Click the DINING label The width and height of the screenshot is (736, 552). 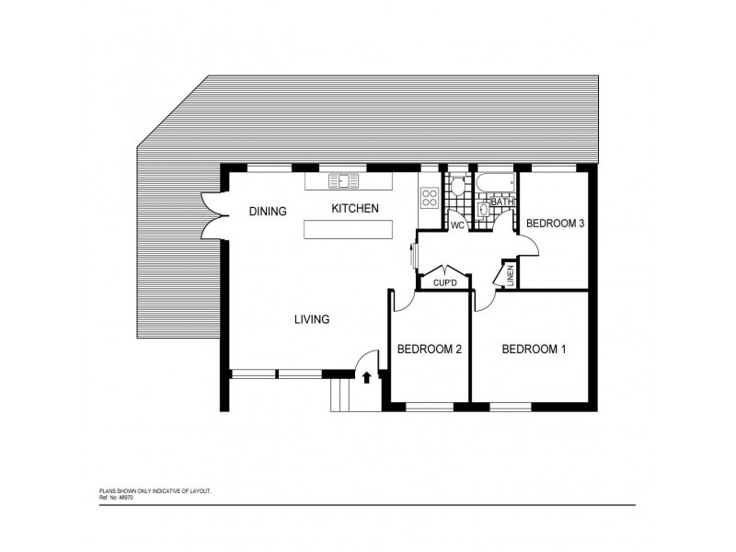click(x=268, y=211)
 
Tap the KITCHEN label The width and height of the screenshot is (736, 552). click(x=355, y=209)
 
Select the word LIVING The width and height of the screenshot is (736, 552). click(x=312, y=319)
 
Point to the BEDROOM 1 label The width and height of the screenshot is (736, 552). click(x=534, y=349)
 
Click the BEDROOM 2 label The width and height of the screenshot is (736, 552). click(x=429, y=349)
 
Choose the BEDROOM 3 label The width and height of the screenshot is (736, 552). click(x=555, y=223)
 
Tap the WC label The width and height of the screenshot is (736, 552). click(x=457, y=225)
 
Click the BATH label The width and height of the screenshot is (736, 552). click(x=502, y=201)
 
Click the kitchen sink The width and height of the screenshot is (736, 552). click(x=345, y=179)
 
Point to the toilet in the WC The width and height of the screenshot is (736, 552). click(x=457, y=185)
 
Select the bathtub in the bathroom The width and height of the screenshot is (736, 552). click(x=495, y=182)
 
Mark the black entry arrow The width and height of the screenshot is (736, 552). click(x=367, y=376)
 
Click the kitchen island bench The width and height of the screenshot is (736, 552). click(x=348, y=230)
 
